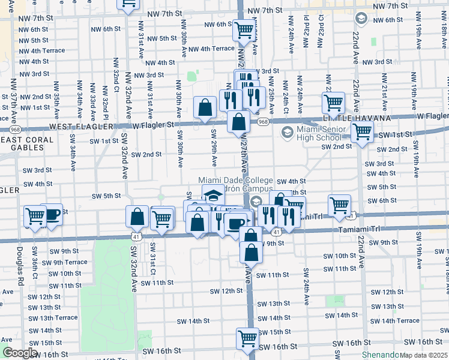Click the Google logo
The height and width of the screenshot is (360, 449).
point(20,353)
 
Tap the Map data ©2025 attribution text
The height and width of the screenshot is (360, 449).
point(424,355)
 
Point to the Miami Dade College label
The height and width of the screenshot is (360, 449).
point(235,181)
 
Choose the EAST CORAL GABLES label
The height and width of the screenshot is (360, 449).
point(27,140)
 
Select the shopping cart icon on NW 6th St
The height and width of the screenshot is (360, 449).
point(244,29)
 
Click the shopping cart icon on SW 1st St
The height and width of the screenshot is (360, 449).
point(361,132)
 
